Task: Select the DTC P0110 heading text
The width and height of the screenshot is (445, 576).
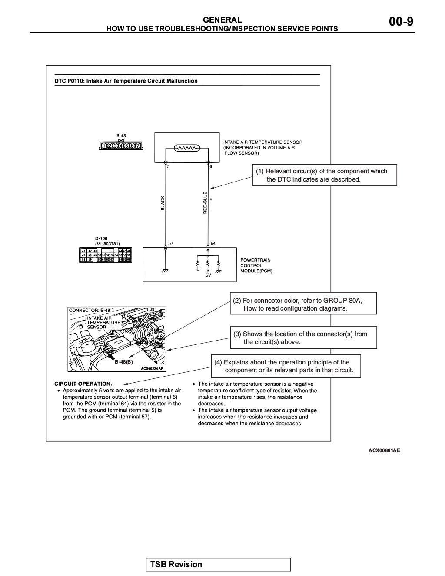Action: [126, 81]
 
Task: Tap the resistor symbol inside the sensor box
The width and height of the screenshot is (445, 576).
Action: [186, 148]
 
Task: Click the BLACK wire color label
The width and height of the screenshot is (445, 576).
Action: [163, 203]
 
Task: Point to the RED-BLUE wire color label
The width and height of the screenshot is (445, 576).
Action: [205, 203]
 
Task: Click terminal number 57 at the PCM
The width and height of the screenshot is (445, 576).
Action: [171, 243]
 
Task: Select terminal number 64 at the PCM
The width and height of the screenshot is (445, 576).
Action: [213, 243]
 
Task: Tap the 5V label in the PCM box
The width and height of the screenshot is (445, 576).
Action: [208, 275]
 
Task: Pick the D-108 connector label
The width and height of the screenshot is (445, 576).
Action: [101, 238]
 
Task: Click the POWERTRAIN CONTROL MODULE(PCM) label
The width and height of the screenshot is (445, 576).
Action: [256, 265]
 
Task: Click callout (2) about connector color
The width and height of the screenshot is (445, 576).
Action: [303, 304]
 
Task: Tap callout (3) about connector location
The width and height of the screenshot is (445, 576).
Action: [303, 338]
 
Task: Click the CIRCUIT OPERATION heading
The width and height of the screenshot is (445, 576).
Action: [82, 384]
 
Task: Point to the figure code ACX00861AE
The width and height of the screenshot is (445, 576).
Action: [384, 450]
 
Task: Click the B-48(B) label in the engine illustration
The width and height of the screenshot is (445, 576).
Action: [123, 361]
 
